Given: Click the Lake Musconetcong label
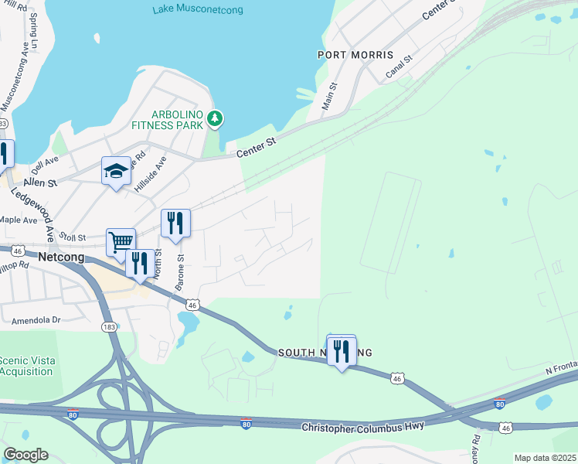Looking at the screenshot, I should [x=198, y=10].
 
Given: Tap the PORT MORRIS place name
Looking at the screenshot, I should [x=355, y=56].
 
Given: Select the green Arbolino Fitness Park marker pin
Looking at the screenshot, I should [x=216, y=118].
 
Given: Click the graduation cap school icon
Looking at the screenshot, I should [x=116, y=172].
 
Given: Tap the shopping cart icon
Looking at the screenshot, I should [x=121, y=242].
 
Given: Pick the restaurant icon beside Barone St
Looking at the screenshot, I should [x=175, y=223].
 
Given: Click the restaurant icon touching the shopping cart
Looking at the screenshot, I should [x=140, y=263].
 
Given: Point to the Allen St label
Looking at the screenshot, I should [x=41, y=183].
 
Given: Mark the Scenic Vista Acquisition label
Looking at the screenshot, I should [x=25, y=366].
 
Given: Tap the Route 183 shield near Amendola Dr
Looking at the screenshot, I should [x=108, y=328].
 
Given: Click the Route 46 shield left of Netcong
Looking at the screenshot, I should [x=16, y=251].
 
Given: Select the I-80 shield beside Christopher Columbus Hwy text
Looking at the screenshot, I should [x=246, y=423].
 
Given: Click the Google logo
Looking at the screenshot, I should [x=25, y=455].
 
